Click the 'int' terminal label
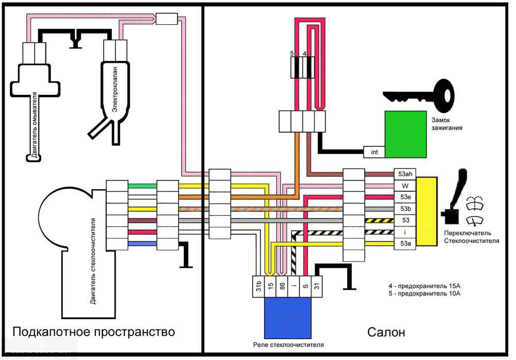click(374, 152)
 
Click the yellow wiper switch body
click(426, 211)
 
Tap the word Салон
click(386, 332)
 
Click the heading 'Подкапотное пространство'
click(93, 331)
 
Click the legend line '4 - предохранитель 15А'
click(424, 286)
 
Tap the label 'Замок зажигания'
click(447, 123)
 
